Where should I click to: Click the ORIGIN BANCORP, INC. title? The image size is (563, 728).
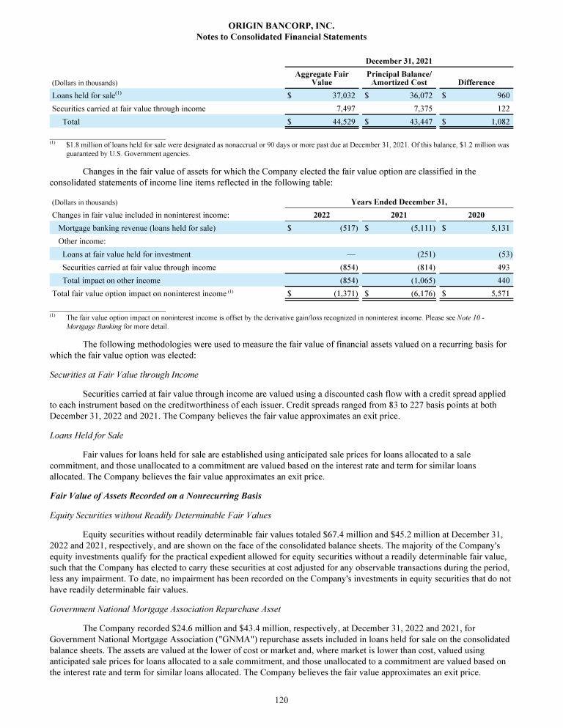[281, 25]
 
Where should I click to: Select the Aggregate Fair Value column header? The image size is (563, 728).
[321, 78]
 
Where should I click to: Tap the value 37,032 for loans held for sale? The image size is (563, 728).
[344, 95]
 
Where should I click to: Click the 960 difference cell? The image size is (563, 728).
[503, 95]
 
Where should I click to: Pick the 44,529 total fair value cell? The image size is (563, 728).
[344, 121]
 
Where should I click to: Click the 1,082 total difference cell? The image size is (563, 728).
[500, 121]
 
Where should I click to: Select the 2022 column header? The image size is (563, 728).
[322, 215]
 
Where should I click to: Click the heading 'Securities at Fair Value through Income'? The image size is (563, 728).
[124, 375]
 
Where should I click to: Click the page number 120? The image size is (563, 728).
[281, 700]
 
